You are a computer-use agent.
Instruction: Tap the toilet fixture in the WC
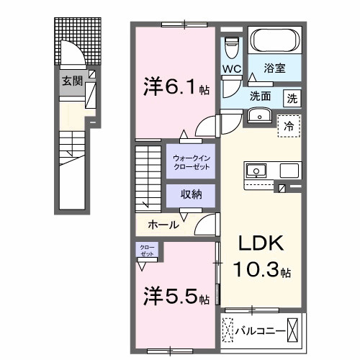click(x=231, y=46)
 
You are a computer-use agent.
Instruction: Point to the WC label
click(x=230, y=68)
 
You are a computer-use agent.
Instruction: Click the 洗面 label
click(x=260, y=95)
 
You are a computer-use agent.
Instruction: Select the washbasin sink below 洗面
click(x=258, y=116)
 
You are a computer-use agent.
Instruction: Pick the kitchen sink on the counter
click(x=256, y=171)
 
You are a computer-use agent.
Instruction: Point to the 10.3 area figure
click(x=261, y=271)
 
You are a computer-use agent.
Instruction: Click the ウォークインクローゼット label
click(x=190, y=161)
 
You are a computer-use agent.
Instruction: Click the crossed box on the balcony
click(x=294, y=330)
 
